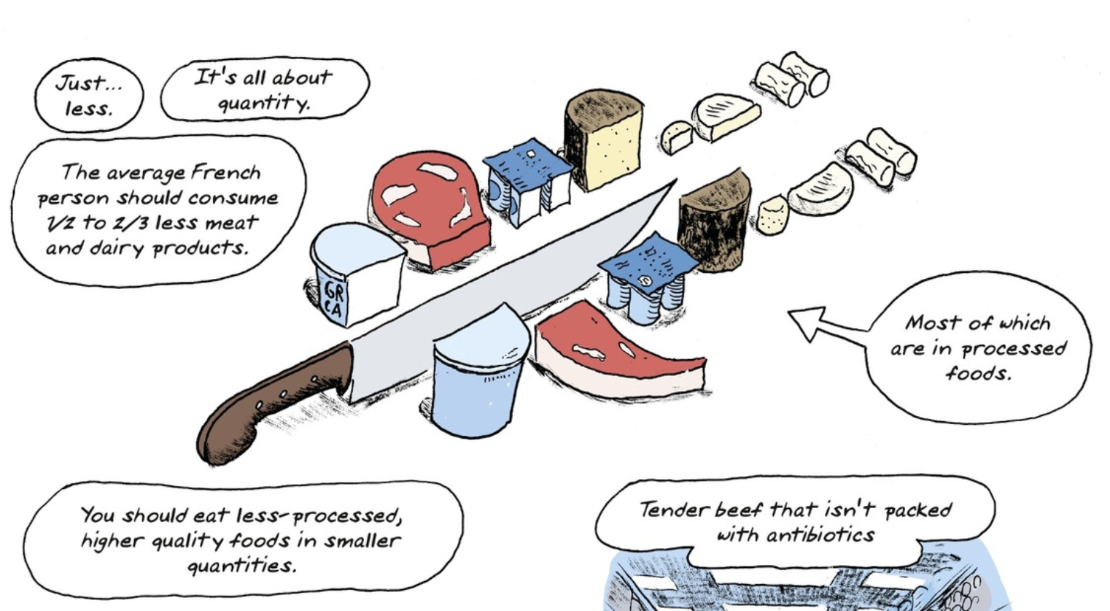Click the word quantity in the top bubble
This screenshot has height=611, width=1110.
pyautogui.click(x=264, y=103)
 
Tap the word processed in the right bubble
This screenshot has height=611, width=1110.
pyautogui.click(x=1014, y=350)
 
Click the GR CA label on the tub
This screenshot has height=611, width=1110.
pyautogui.click(x=333, y=299)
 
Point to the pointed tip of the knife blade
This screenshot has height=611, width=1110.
pyautogui.click(x=676, y=180)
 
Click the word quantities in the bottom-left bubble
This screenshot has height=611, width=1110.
pyautogui.click(x=242, y=565)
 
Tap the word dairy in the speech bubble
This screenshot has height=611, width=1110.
pyautogui.click(x=117, y=248)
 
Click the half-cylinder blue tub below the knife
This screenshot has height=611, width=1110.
pyautogui.click(x=478, y=372)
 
